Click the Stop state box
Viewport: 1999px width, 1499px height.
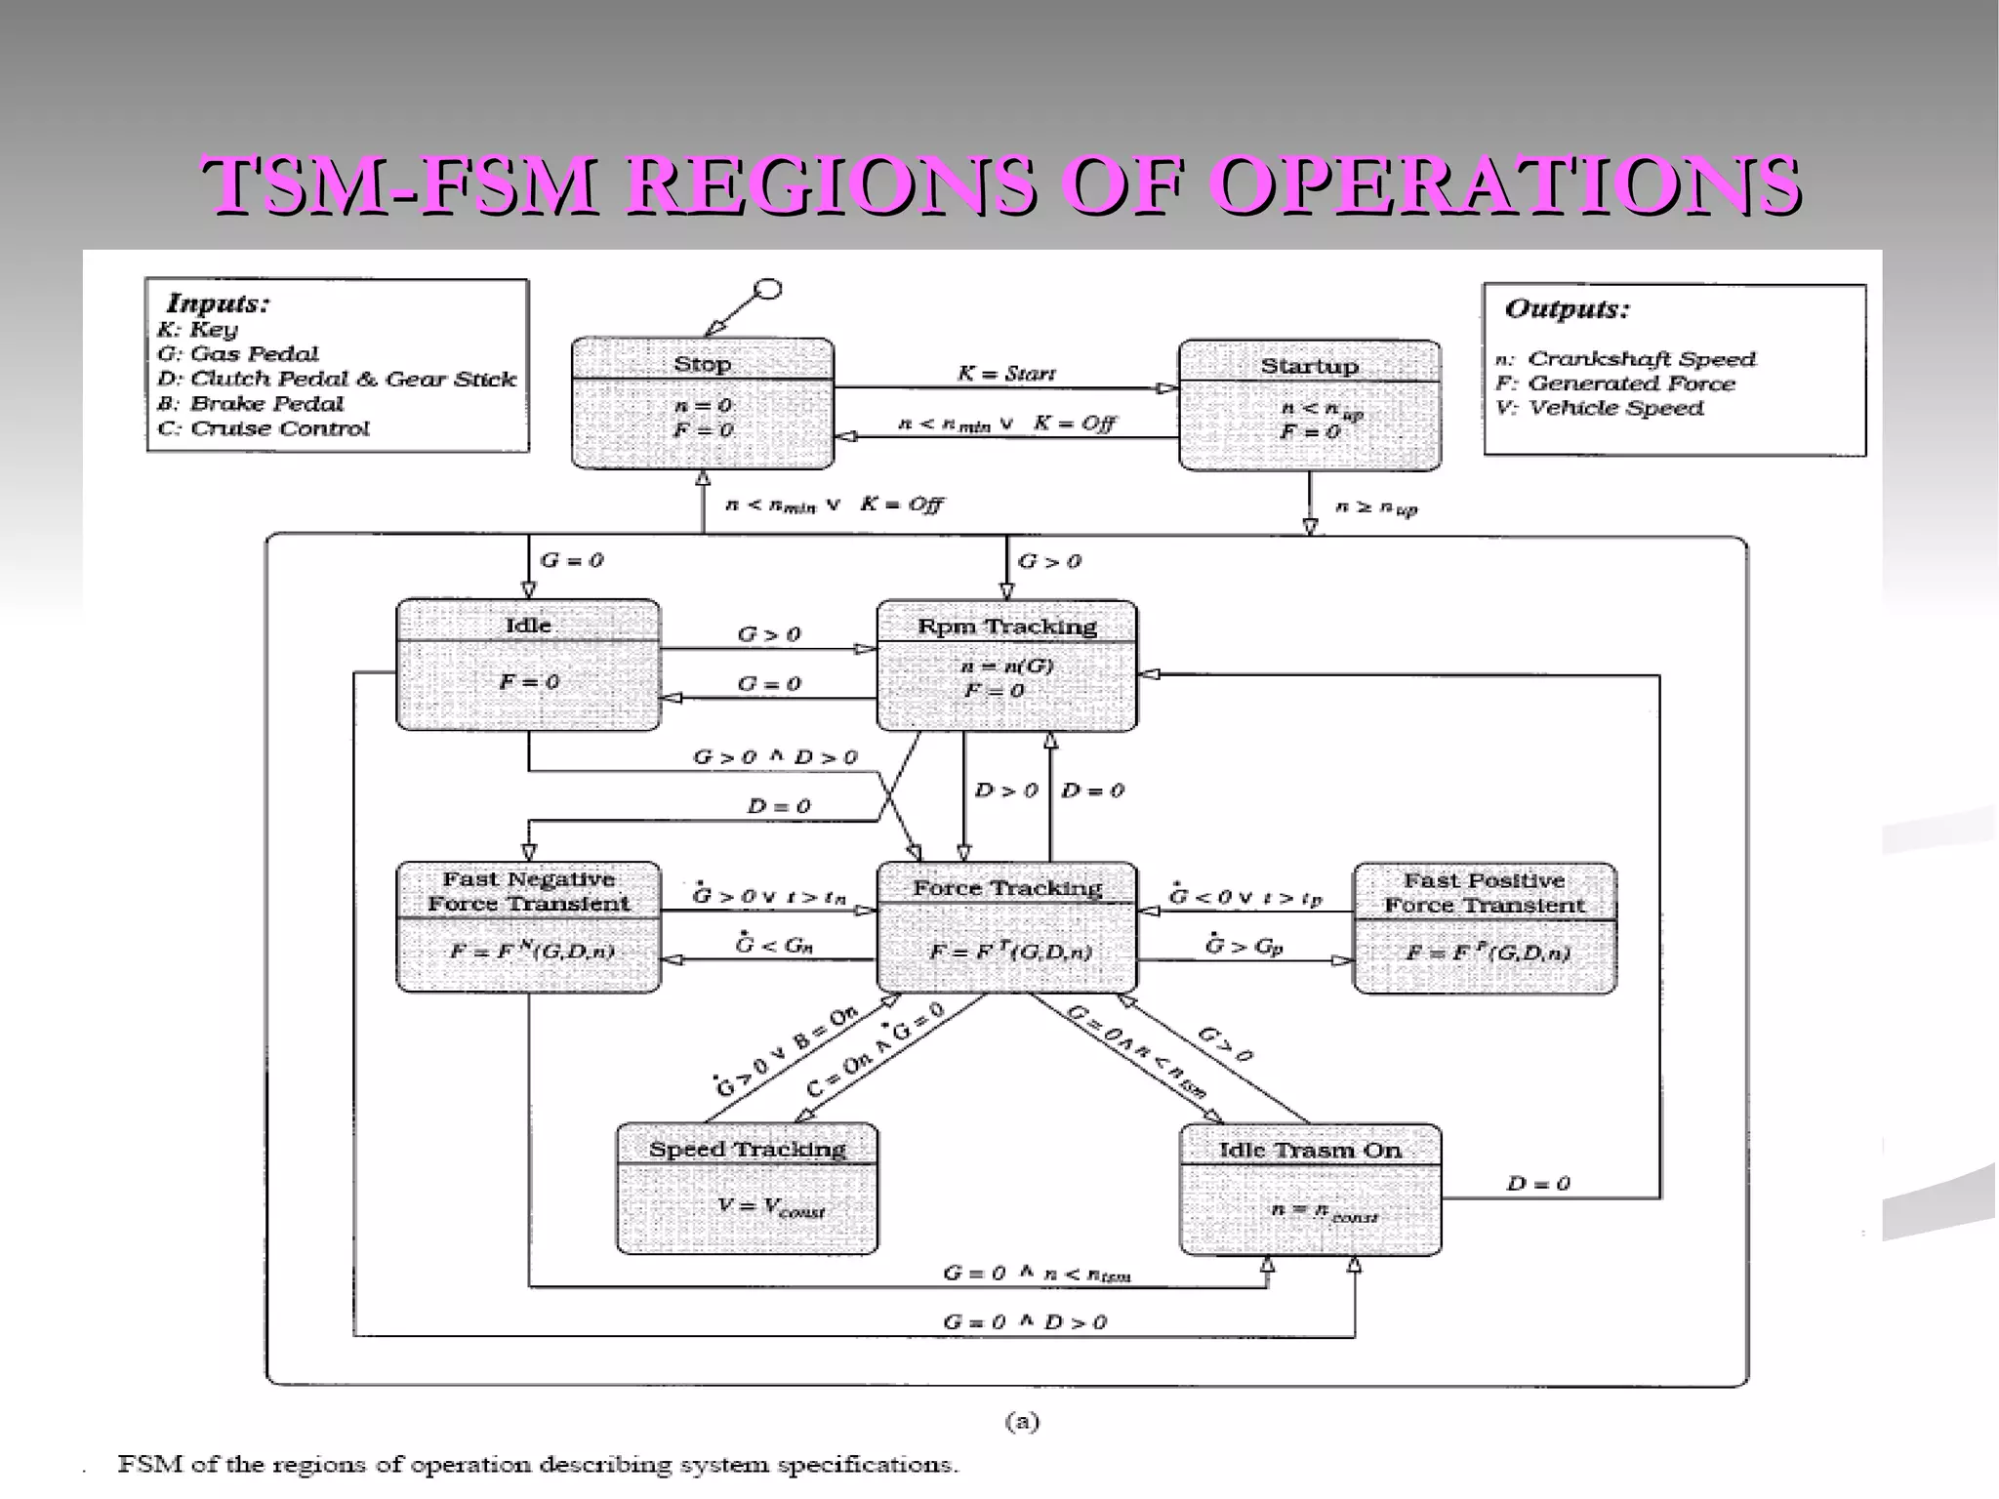703,403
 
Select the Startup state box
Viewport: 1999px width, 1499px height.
1309,405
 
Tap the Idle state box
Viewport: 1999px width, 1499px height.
528,665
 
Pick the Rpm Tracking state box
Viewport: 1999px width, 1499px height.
1006,666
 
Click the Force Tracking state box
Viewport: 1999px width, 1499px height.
1006,927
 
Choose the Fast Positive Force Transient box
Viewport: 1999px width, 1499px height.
1484,928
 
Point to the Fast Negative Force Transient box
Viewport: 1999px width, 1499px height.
528,927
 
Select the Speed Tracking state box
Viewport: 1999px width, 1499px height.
747,1189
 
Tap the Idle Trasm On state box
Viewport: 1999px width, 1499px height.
1310,1190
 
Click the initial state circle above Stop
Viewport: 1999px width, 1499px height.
769,290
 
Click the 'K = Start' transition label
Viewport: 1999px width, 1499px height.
1005,373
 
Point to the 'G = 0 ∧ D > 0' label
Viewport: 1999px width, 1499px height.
1024,1322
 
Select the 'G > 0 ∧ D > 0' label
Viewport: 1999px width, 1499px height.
775,757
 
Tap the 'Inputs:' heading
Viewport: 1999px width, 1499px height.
218,304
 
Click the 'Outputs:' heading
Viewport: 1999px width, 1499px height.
1568,309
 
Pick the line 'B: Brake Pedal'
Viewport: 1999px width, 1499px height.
251,404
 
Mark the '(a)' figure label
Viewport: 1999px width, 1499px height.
1022,1422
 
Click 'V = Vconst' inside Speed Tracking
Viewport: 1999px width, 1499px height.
771,1207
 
